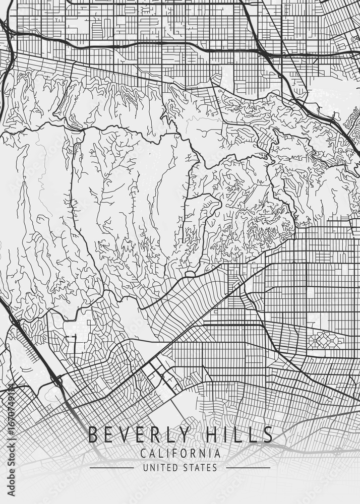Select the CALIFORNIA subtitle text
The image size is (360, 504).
click(x=181, y=454)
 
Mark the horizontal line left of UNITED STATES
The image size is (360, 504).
click(x=111, y=468)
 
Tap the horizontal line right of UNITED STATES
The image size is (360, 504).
click(x=248, y=468)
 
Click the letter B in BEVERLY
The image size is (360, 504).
click(x=93, y=434)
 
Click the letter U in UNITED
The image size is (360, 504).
click(x=146, y=468)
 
